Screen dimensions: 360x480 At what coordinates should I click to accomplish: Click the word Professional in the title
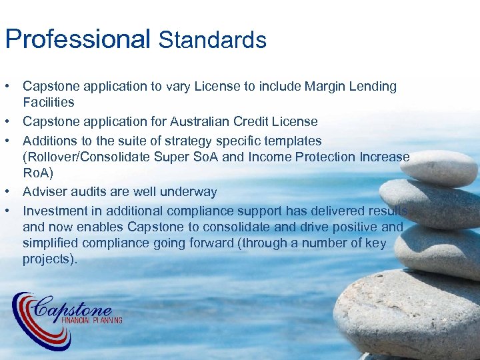[78, 39]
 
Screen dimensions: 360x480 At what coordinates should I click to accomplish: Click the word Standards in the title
[213, 40]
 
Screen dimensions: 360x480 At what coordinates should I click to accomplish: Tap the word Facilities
[48, 102]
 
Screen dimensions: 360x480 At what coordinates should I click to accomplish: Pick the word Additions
[48, 141]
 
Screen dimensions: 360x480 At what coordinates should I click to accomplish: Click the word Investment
[53, 211]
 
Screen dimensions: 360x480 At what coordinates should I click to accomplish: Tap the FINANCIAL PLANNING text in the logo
[91, 320]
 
